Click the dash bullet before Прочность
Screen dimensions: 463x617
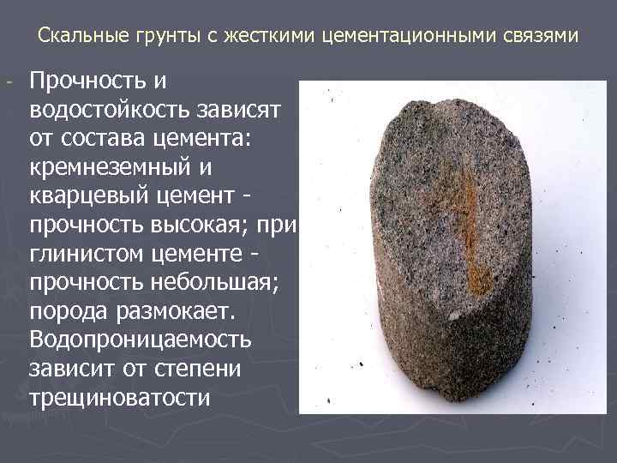9,83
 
